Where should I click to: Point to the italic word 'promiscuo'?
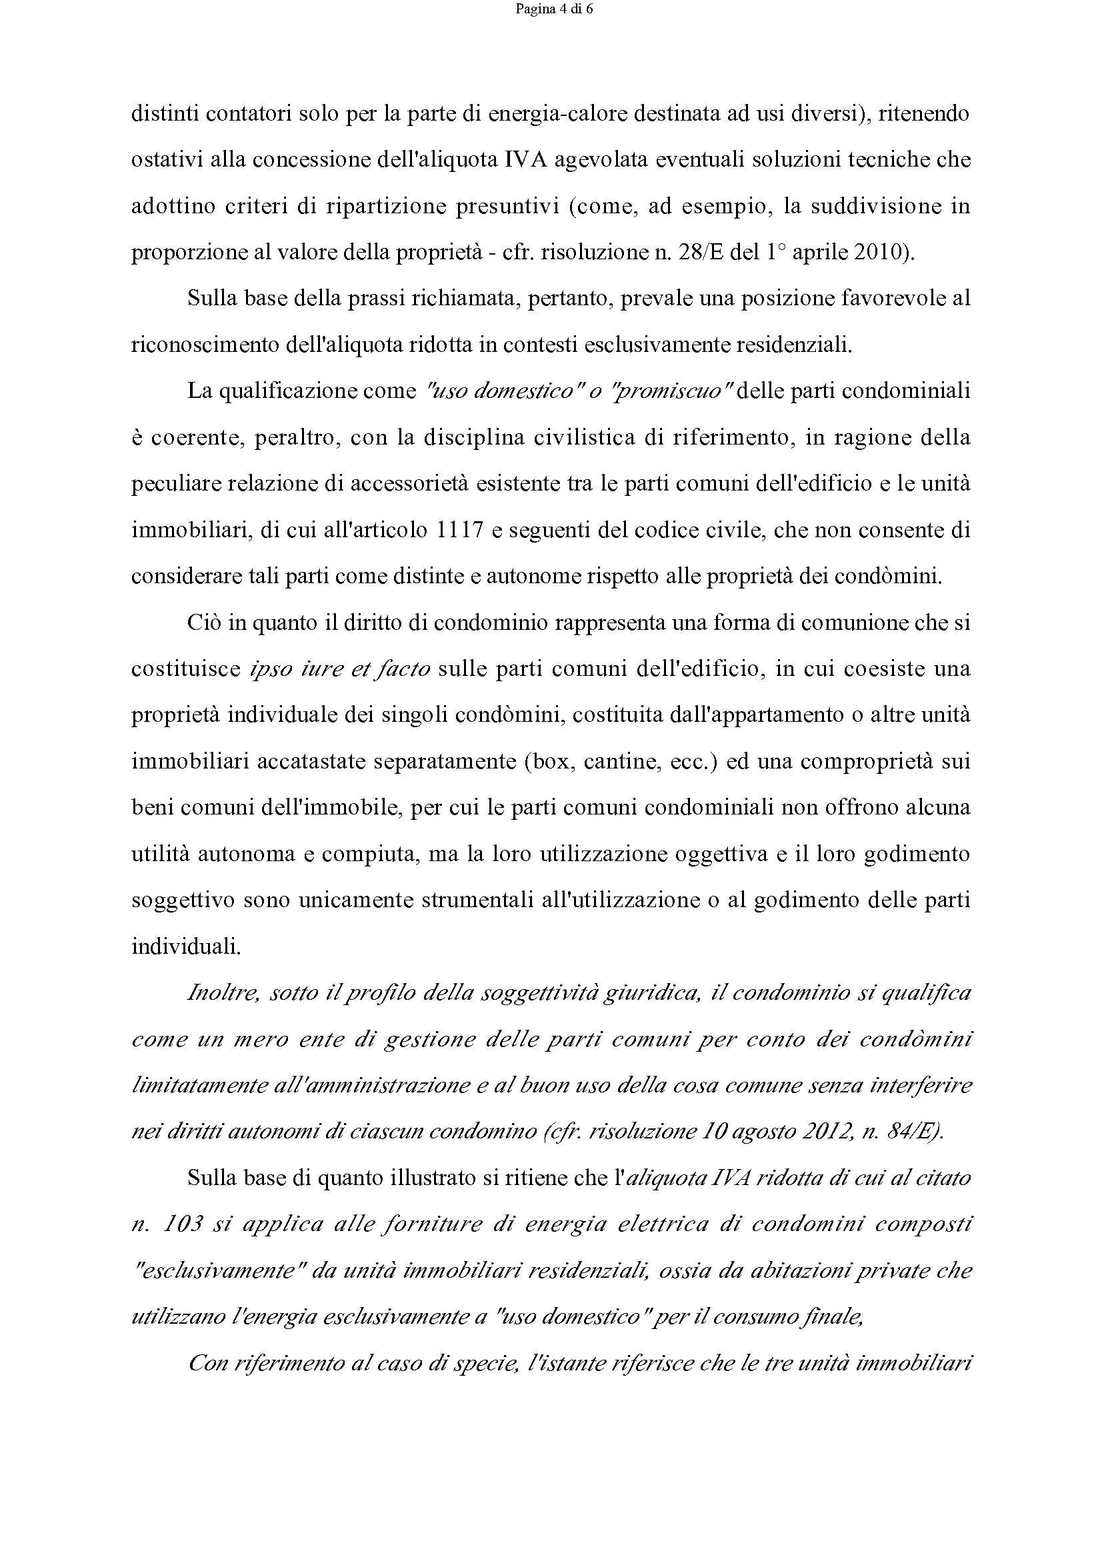coord(667,392)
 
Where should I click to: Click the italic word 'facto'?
coord(405,669)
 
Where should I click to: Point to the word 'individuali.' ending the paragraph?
coord(186,946)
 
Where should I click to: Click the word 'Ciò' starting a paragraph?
coord(205,623)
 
